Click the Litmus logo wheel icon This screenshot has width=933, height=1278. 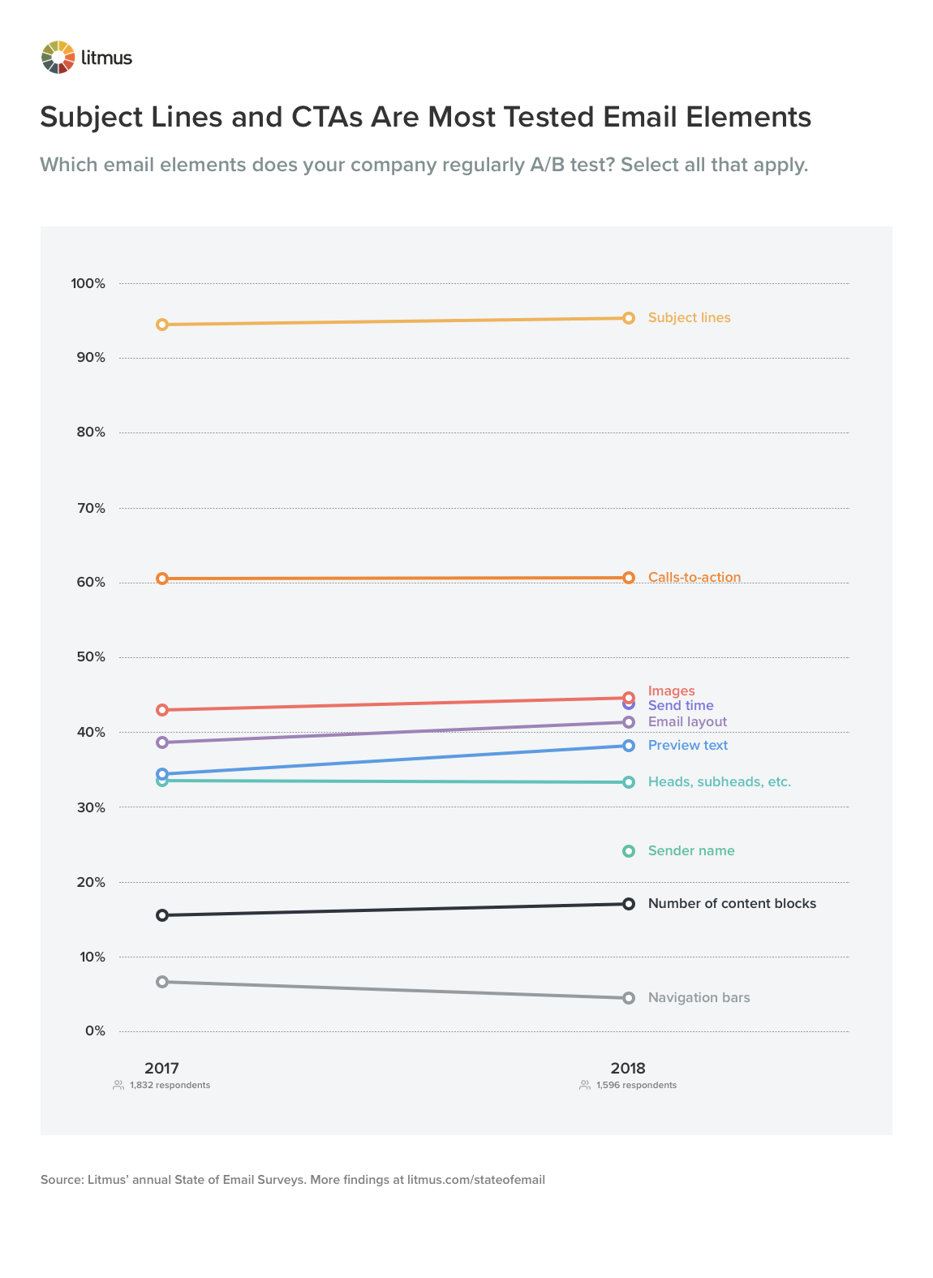tap(58, 58)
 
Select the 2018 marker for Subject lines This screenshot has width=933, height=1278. tap(629, 318)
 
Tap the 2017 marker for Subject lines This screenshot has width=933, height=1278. tap(162, 325)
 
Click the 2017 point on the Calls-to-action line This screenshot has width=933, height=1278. tap(162, 579)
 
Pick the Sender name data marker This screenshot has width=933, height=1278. tap(629, 851)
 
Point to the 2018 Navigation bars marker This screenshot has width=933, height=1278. tap(629, 998)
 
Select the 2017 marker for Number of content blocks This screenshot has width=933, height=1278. tap(162, 915)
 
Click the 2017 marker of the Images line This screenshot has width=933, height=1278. tap(162, 710)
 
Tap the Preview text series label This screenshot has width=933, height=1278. tap(688, 746)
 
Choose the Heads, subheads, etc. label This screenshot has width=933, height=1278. tap(719, 782)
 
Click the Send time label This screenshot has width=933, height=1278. tap(681, 706)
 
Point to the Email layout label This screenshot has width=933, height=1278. tap(687, 722)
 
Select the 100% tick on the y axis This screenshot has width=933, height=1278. tap(88, 284)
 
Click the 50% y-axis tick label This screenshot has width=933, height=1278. tap(91, 657)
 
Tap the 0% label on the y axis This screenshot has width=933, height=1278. tap(95, 1031)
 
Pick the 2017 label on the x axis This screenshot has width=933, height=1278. tap(162, 1069)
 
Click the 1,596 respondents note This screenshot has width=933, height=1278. tap(636, 1086)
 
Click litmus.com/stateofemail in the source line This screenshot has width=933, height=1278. tap(476, 1180)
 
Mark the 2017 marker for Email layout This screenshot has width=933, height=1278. tap(162, 742)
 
